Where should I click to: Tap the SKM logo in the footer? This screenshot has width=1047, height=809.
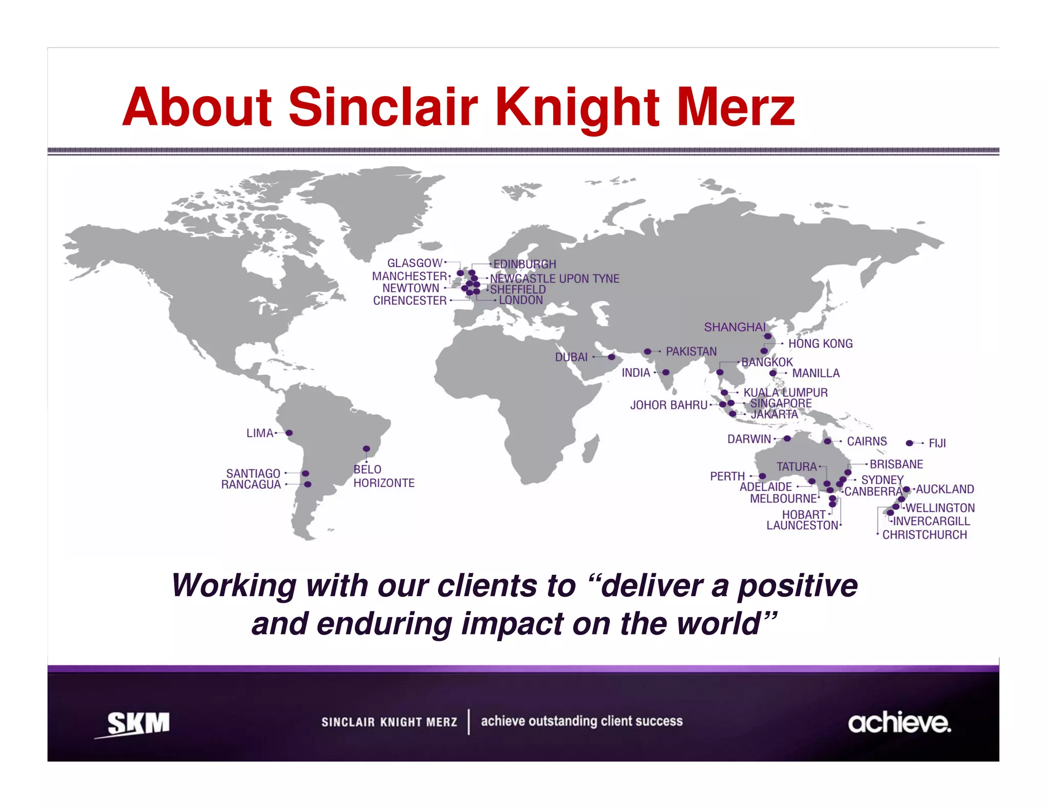click(x=138, y=724)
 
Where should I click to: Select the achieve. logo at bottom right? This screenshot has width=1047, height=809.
click(x=899, y=723)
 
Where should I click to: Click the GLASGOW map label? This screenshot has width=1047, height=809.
click(x=415, y=263)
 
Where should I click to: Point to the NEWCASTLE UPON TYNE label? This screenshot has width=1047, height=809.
click(x=555, y=279)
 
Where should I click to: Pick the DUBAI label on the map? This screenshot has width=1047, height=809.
click(x=571, y=357)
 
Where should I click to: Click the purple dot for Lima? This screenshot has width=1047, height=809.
click(x=289, y=433)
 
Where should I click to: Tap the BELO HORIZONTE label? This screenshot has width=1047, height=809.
click(x=383, y=476)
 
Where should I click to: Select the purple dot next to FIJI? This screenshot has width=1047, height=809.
click(x=909, y=443)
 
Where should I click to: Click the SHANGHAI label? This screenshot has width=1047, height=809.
click(x=735, y=327)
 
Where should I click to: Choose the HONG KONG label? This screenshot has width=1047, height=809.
click(x=820, y=344)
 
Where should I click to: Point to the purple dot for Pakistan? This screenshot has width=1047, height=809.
click(x=648, y=351)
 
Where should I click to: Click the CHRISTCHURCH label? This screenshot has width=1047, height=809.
click(x=924, y=535)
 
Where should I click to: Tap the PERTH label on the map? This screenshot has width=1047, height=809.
click(x=727, y=477)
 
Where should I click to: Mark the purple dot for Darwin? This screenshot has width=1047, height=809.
click(x=787, y=439)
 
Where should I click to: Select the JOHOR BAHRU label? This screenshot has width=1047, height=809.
click(x=669, y=405)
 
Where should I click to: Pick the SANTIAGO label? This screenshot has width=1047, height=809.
click(x=253, y=474)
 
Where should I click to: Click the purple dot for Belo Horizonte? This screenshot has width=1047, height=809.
click(x=367, y=449)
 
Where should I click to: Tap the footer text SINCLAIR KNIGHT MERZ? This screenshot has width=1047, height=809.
click(x=389, y=722)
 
